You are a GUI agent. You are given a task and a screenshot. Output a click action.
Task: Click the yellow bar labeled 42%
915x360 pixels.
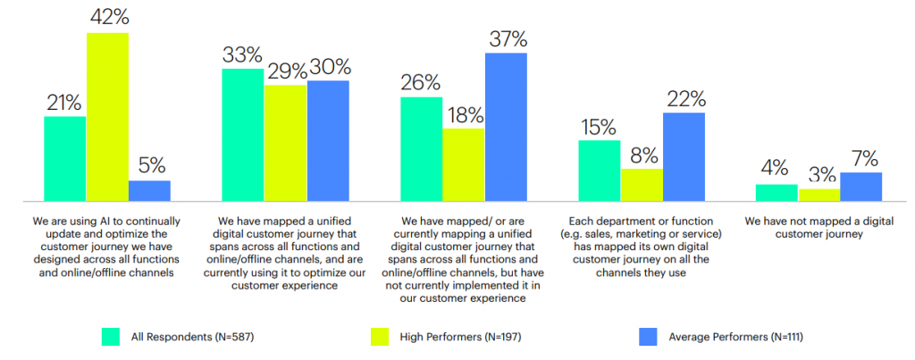coord(107,116)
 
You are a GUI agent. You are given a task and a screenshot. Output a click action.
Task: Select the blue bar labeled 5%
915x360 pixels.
coord(149,191)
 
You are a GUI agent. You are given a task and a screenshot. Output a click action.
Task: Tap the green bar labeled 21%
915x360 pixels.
coord(64,158)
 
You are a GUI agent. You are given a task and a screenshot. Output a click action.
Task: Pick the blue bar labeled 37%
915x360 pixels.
coord(506,127)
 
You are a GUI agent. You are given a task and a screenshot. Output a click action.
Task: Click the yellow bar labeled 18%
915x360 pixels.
coord(463,164)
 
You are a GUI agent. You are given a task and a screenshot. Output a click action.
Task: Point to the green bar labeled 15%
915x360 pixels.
coord(599,171)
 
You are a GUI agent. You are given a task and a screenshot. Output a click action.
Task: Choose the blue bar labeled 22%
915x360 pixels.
coord(684,156)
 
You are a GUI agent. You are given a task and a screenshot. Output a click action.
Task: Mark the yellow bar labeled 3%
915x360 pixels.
coord(819,195)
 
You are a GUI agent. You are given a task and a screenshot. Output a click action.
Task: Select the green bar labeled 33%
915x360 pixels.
coord(242,134)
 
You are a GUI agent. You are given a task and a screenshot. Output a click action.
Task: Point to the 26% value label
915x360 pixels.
coord(421,83)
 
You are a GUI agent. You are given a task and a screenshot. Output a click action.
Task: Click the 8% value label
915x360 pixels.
coord(642,155)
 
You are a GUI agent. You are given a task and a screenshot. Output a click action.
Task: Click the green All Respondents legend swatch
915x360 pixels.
coord(110,336)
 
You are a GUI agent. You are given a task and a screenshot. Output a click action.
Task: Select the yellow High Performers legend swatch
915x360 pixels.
coord(379,336)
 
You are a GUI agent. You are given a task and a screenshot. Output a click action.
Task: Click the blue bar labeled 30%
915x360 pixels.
coord(328,140)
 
